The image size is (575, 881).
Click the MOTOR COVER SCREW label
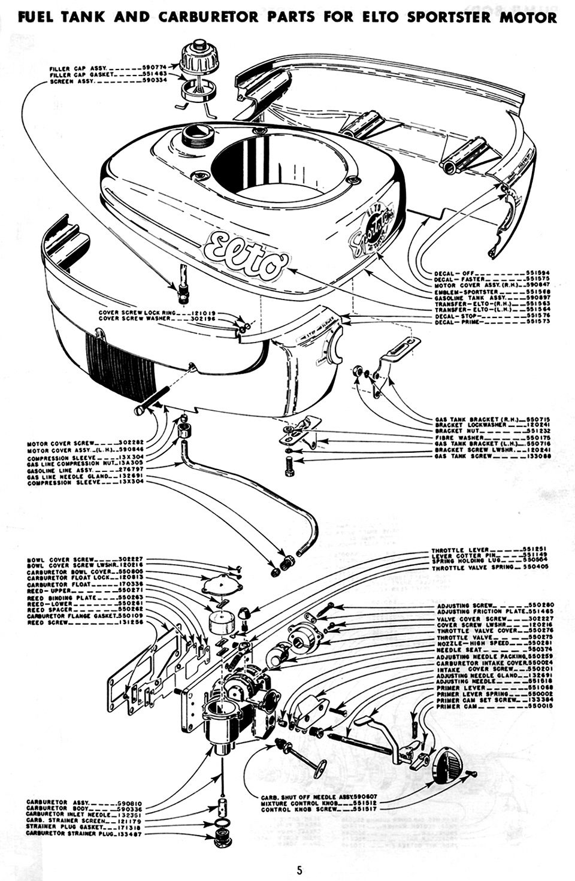58,444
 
